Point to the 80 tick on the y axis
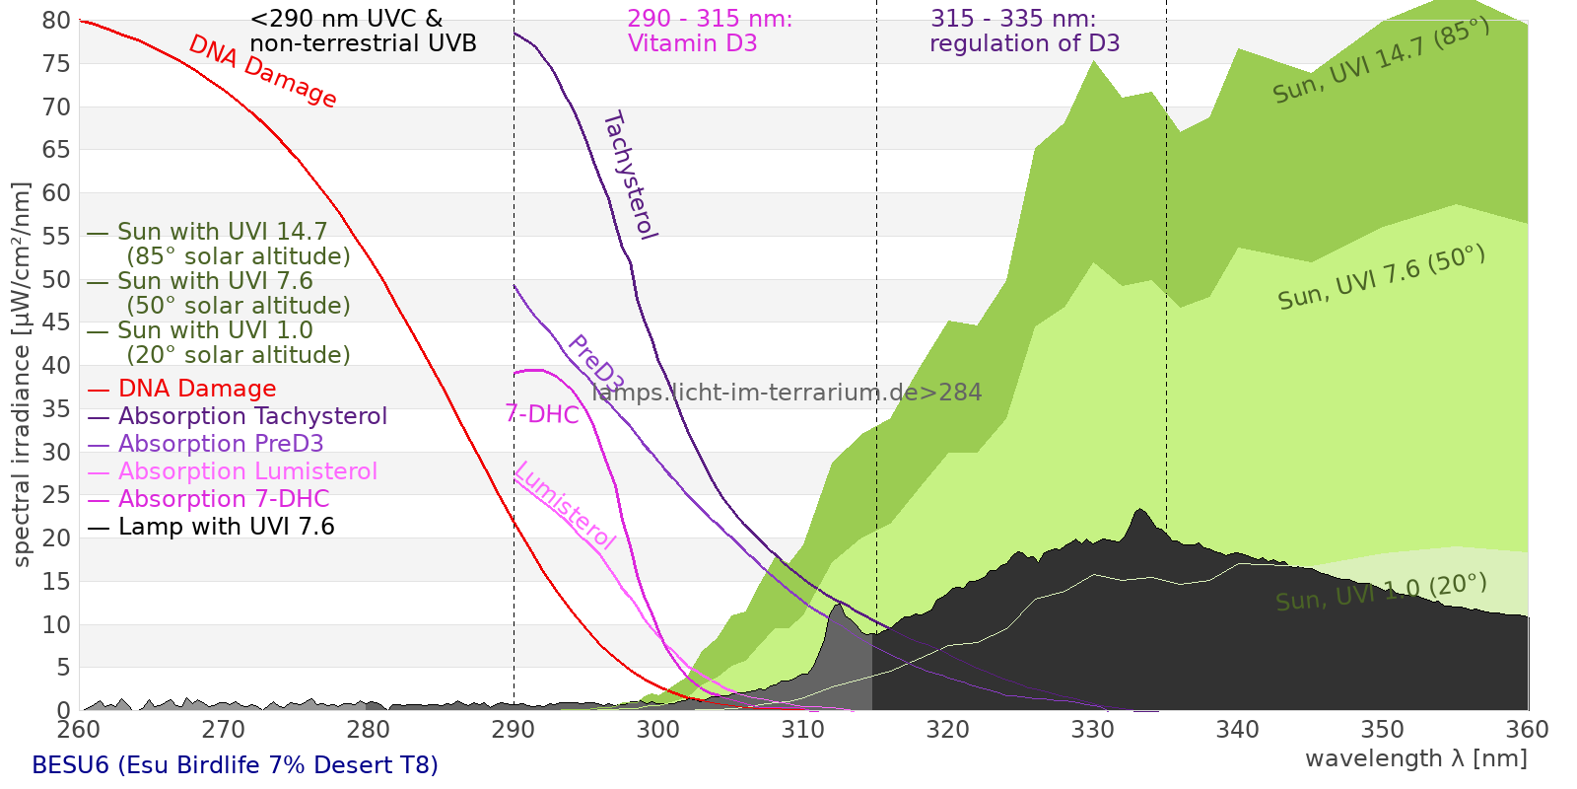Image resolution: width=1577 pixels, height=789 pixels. click(x=56, y=21)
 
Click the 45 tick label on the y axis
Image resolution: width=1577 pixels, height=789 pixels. click(x=56, y=323)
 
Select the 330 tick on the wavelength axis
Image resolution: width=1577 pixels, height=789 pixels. click(x=1093, y=730)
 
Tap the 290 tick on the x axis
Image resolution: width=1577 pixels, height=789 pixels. click(x=514, y=730)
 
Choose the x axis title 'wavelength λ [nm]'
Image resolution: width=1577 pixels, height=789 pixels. click(x=1416, y=759)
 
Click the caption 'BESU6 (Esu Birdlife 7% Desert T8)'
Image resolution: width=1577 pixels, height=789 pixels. click(x=236, y=765)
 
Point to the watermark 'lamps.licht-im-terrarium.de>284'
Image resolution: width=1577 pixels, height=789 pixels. click(x=787, y=393)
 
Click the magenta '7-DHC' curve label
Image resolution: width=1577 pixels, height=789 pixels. click(x=542, y=414)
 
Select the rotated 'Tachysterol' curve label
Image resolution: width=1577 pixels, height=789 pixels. click(x=631, y=175)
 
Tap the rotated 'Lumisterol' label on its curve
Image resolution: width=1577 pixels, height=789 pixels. click(x=566, y=506)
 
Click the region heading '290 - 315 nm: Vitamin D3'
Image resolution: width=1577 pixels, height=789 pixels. click(x=710, y=31)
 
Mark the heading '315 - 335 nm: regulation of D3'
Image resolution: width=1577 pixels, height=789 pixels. click(x=1024, y=31)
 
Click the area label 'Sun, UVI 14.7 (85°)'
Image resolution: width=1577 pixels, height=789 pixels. click(x=1381, y=60)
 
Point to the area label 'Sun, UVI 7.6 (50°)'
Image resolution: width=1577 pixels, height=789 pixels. click(x=1381, y=277)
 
